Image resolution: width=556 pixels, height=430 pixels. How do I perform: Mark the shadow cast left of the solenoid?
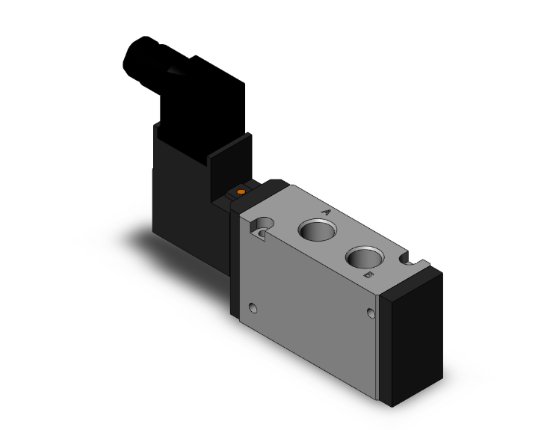pyautogui.click(x=138, y=239)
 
